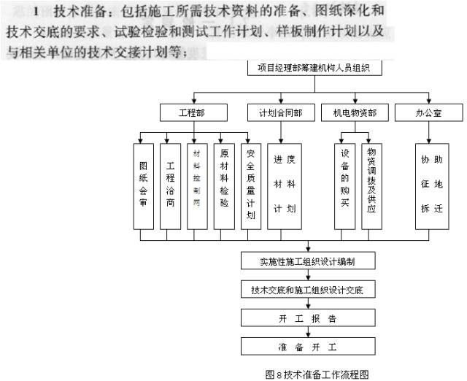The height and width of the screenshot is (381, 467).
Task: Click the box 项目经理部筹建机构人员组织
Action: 314,69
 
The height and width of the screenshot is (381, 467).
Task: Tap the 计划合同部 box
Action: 275,113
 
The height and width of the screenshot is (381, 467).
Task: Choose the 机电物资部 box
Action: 355,113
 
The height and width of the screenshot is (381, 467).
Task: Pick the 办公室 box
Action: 428,113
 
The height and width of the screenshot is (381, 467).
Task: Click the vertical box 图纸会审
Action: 144,186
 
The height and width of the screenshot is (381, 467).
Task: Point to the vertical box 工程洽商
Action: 171,186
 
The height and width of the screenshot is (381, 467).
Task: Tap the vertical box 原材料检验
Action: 224,186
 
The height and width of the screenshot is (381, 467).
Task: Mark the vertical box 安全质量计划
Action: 250,186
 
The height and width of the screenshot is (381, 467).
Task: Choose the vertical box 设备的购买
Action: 345,186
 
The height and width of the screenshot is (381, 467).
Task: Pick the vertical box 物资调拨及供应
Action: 371,186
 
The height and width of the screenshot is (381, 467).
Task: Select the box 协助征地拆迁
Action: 431,186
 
